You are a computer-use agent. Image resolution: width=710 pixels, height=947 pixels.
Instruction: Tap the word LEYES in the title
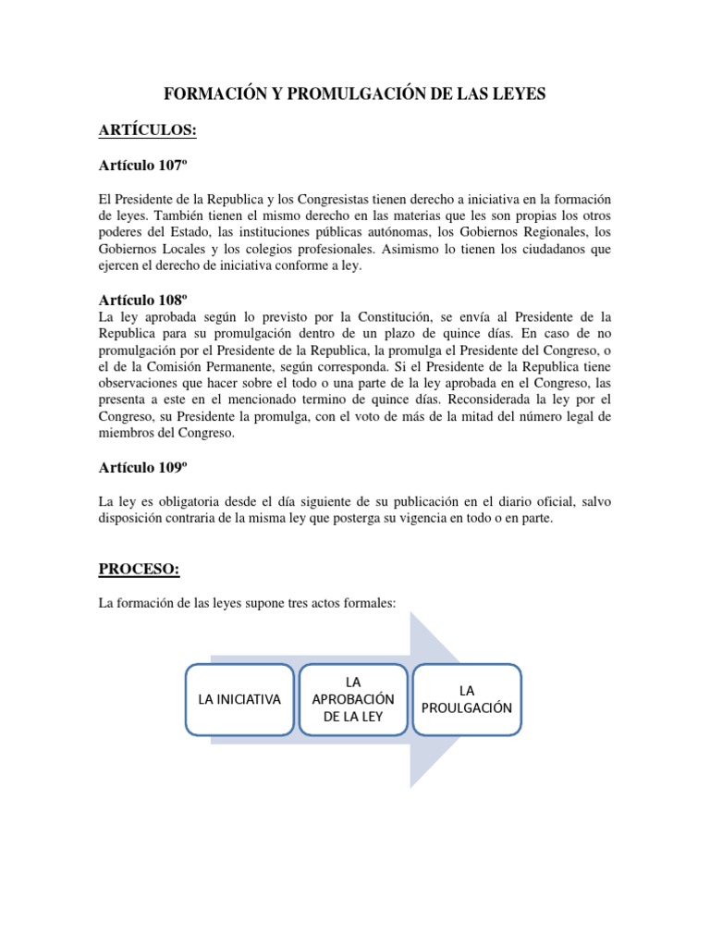[519, 93]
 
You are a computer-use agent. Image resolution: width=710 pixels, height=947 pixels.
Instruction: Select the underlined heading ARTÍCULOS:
[147, 130]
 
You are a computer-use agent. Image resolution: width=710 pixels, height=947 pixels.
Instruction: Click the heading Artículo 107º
[143, 166]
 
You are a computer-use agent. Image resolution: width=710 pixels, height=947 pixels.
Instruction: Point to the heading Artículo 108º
[143, 301]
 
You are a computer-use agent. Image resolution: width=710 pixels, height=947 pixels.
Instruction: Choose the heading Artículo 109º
[143, 467]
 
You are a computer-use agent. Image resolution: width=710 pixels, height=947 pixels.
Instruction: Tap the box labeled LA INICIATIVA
[239, 699]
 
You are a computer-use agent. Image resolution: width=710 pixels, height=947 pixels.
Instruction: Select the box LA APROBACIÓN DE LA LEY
[353, 699]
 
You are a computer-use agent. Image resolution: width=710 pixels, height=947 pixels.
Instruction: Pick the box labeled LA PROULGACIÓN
[467, 699]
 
